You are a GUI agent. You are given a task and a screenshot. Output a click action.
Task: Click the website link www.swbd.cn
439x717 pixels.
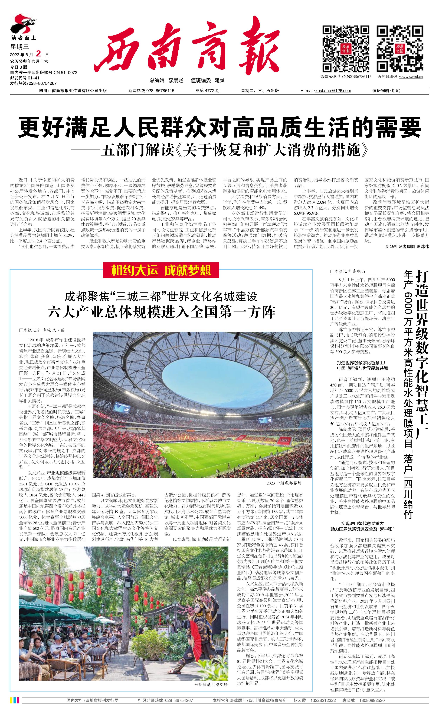[x=411, y=77]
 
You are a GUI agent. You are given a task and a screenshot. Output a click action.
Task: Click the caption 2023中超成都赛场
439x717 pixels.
[x=284, y=483]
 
